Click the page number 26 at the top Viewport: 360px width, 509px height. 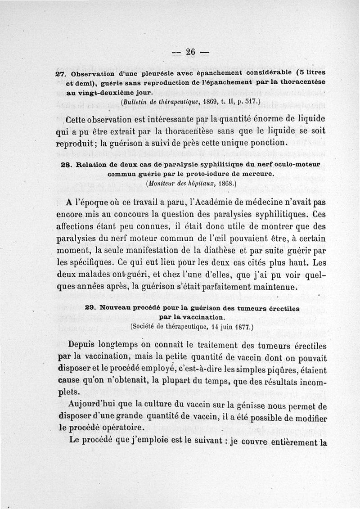tap(190, 52)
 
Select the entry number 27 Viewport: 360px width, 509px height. tap(61, 73)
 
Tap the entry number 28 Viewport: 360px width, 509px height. tap(66, 165)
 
